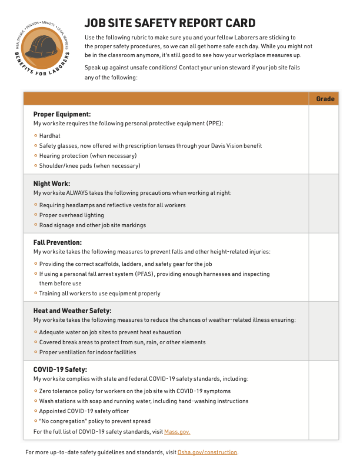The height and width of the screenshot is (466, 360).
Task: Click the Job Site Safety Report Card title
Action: click(x=170, y=23)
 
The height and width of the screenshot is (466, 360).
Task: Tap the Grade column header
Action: click(x=325, y=99)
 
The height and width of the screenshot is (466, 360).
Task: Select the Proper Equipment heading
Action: click(x=62, y=114)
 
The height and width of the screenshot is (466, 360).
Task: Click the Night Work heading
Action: click(x=52, y=184)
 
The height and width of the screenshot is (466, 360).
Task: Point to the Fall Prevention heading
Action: click(x=58, y=242)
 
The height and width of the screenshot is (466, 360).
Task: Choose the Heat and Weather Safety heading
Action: click(x=72, y=311)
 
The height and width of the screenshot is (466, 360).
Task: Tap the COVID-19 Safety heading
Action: click(x=60, y=370)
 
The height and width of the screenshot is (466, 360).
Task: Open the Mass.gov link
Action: click(x=177, y=432)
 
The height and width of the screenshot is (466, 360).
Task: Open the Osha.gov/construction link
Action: click(x=207, y=452)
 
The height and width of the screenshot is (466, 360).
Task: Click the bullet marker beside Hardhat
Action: click(x=36, y=135)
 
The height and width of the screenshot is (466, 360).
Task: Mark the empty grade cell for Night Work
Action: click(x=325, y=204)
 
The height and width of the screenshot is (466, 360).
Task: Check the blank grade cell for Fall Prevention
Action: click(x=325, y=267)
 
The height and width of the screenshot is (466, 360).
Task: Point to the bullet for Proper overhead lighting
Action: click(x=36, y=215)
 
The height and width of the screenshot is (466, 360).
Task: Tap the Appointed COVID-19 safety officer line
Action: click(x=84, y=411)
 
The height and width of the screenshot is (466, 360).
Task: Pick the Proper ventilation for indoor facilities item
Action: click(x=88, y=352)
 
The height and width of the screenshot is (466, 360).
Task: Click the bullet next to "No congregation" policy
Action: click(x=36, y=421)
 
